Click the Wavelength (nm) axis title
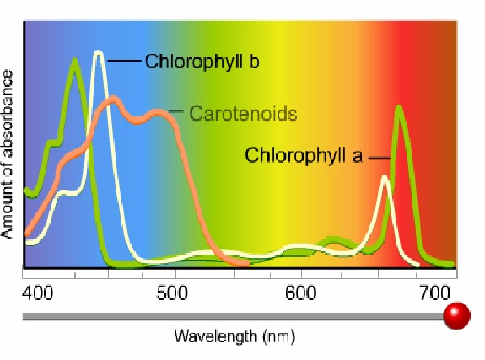tap(234, 336)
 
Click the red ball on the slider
tap(456, 317)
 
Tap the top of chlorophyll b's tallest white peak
tap(98, 53)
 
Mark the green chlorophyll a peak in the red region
tap(398, 107)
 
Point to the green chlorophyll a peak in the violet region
tap(75, 60)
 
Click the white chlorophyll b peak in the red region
tap(385, 177)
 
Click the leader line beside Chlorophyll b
tap(124, 61)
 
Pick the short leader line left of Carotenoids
tap(176, 111)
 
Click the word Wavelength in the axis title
tap(209, 336)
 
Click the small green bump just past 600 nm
tap(334, 240)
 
